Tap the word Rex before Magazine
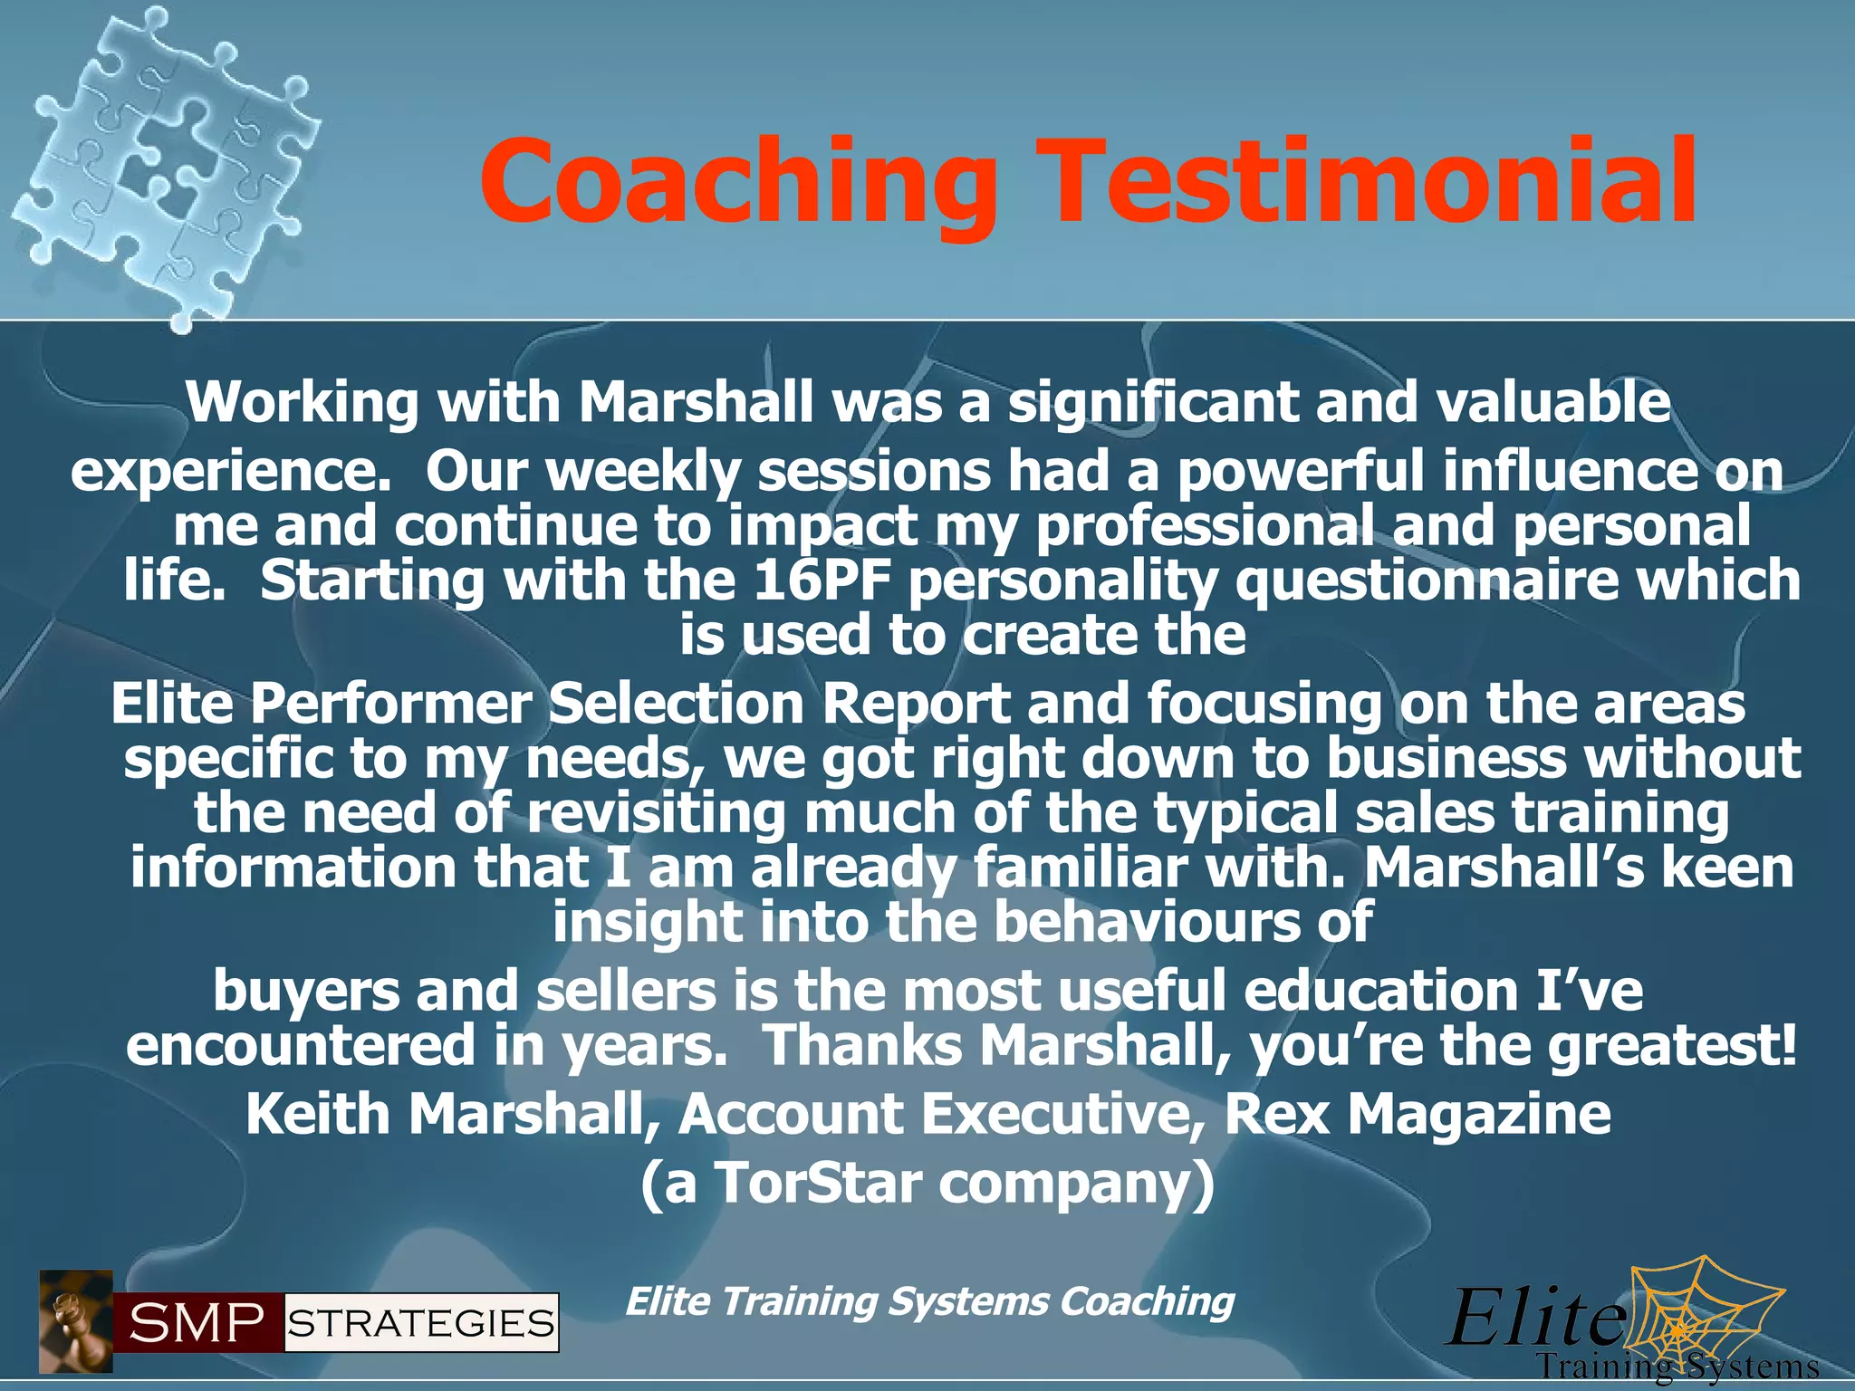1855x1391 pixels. point(1277,1114)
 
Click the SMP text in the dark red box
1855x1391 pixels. point(197,1324)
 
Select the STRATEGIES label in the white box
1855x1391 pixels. point(421,1324)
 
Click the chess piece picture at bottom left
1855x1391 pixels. point(75,1321)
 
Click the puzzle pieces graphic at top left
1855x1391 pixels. point(163,163)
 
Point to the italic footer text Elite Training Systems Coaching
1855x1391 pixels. point(929,1302)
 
